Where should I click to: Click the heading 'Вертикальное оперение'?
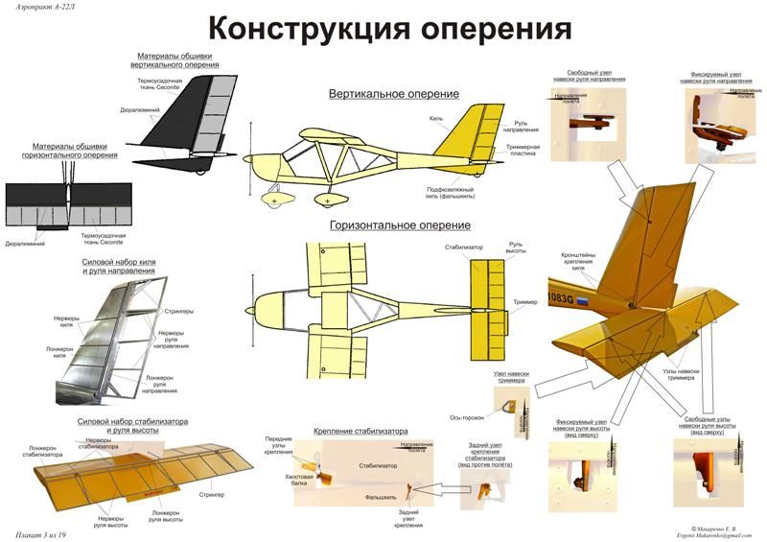click(x=394, y=94)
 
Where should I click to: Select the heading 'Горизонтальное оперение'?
click(x=400, y=225)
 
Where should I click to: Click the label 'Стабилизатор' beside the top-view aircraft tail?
click(x=464, y=247)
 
